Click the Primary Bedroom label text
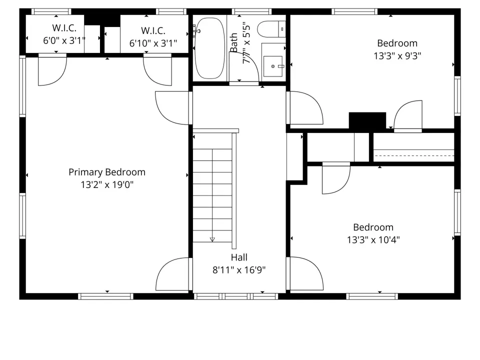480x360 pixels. click(x=107, y=172)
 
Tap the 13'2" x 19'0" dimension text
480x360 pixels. click(x=107, y=184)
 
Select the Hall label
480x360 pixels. click(x=239, y=257)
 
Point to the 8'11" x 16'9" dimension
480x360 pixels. click(x=239, y=270)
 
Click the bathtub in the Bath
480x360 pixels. click(x=210, y=48)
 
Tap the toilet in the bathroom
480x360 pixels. click(x=271, y=29)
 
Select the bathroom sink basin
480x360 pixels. click(x=273, y=66)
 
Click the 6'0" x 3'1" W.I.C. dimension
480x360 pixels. click(x=64, y=40)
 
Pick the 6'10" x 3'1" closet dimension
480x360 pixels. click(x=153, y=43)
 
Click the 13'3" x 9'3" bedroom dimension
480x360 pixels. click(x=397, y=56)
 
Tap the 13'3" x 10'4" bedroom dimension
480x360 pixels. click(x=373, y=239)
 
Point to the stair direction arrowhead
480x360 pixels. click(x=212, y=239)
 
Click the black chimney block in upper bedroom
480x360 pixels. click(x=367, y=120)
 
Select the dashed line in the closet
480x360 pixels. click(x=414, y=156)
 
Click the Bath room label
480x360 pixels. click(x=233, y=42)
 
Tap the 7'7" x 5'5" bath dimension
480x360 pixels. click(x=246, y=42)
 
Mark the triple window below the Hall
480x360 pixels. click(x=236, y=296)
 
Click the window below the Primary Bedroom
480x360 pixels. click(x=105, y=296)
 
